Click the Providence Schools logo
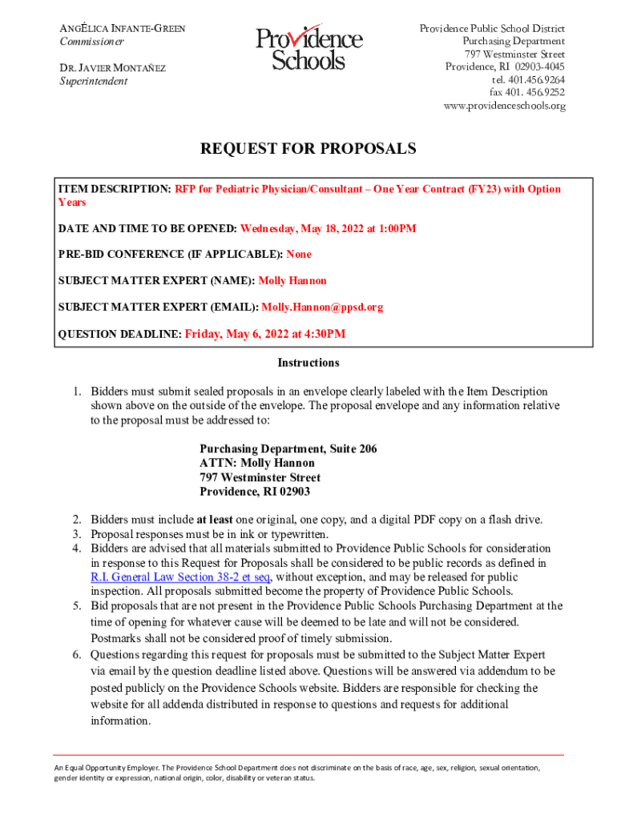(x=308, y=49)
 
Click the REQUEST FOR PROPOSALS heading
(x=308, y=149)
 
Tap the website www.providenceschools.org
(x=504, y=106)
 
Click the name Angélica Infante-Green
(x=123, y=28)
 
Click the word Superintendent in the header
(x=93, y=81)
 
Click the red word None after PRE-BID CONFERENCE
(x=299, y=255)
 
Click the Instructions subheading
(x=308, y=363)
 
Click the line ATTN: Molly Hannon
(x=257, y=463)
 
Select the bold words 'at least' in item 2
(x=215, y=520)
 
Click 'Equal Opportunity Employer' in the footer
(x=103, y=767)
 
